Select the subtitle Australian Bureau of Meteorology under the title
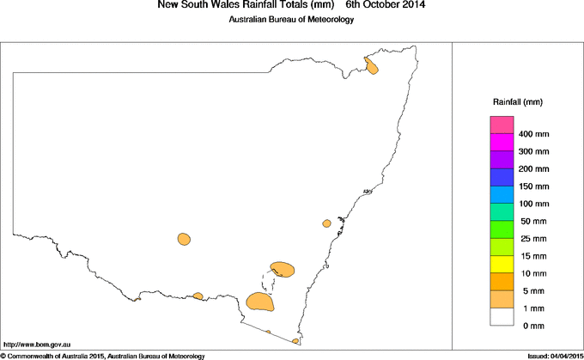coord(290,20)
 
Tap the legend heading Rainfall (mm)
coord(517,102)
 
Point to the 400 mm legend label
coord(534,135)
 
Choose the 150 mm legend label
coord(534,186)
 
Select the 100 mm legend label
coord(534,204)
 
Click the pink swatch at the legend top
coord(501,125)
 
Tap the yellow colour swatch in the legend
coord(501,264)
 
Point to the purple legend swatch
coord(501,160)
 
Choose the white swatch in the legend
coord(501,316)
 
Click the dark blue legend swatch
coord(501,178)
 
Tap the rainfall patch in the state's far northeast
coord(372,65)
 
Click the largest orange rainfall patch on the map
coord(260,302)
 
